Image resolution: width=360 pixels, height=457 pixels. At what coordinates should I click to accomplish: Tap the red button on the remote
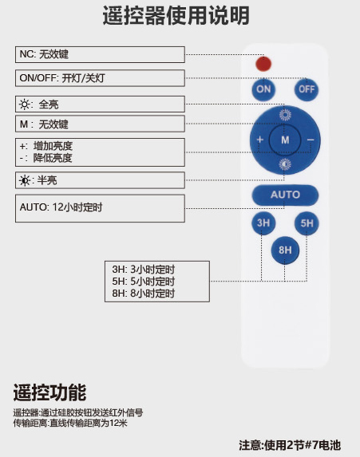263,64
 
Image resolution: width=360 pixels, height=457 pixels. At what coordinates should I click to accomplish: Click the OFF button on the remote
307,89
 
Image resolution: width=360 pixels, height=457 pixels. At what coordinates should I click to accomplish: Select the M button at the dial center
285,140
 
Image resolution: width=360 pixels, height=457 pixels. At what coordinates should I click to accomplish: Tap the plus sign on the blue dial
259,140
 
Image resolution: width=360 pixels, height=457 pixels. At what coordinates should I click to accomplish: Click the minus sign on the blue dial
311,140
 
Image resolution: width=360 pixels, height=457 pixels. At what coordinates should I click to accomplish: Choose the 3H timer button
263,223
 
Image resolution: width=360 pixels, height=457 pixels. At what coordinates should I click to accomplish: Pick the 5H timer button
307,223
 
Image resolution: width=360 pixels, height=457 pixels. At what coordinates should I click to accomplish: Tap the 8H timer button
285,250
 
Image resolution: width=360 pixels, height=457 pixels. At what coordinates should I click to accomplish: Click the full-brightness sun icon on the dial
285,115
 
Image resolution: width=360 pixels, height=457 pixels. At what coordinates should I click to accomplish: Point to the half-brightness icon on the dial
285,164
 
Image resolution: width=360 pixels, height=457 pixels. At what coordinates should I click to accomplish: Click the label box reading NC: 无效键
100,54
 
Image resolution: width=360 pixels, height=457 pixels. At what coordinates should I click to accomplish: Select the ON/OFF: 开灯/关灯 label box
100,78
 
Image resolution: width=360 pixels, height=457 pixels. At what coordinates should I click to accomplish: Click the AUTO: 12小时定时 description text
61,207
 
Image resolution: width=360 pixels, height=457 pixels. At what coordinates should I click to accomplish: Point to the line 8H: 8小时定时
143,294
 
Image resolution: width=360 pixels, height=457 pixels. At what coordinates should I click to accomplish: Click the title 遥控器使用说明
176,15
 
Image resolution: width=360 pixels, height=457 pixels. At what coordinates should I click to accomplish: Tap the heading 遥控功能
49,392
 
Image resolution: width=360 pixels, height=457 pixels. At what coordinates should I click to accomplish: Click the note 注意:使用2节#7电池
290,445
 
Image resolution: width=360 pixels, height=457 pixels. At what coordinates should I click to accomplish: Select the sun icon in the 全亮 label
25,104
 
